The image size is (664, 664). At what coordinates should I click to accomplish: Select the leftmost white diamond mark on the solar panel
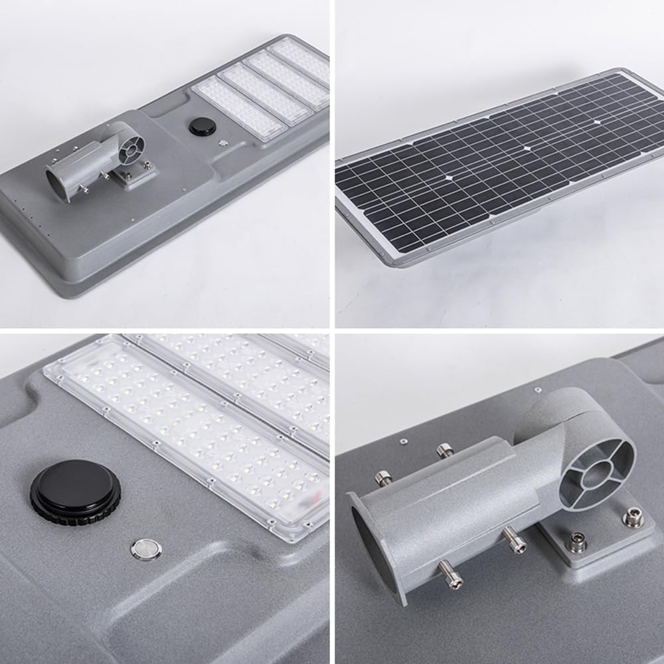pyautogui.click(x=450, y=178)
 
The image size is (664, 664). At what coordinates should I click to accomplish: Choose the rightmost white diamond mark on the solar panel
pyautogui.click(x=597, y=122)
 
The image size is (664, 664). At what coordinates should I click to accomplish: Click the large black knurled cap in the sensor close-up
pyautogui.click(x=76, y=492)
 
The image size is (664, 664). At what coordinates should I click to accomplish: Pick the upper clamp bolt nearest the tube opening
pyautogui.click(x=384, y=478)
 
